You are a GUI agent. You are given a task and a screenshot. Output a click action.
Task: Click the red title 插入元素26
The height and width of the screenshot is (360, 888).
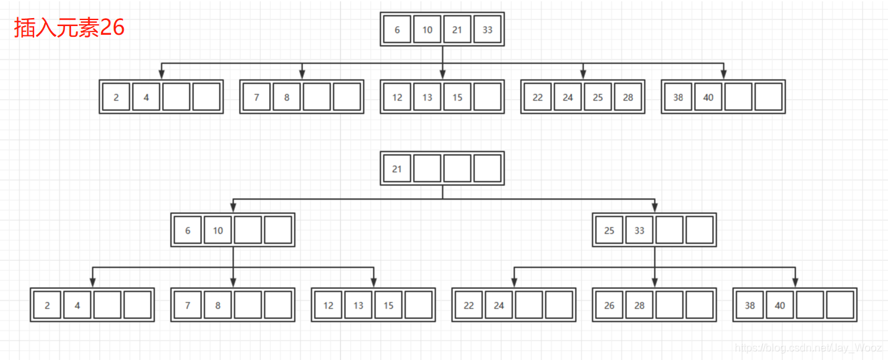[69, 28]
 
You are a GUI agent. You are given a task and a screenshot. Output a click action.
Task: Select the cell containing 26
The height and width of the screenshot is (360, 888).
[609, 305]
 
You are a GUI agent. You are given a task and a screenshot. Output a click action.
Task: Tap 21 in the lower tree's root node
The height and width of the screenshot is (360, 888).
[397, 169]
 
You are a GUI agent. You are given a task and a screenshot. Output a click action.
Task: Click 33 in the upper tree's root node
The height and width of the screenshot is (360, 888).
[487, 29]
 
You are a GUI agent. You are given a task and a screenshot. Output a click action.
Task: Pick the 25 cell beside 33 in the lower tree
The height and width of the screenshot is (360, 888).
[609, 230]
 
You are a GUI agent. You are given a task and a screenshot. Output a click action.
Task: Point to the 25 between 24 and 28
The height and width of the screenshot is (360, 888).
[598, 97]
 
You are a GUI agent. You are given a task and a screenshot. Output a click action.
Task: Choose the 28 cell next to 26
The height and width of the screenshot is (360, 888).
[639, 305]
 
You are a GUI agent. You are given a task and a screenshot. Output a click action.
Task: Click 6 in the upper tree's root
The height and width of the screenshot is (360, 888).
[397, 29]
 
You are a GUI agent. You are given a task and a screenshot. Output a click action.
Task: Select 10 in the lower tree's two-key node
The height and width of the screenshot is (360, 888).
[217, 230]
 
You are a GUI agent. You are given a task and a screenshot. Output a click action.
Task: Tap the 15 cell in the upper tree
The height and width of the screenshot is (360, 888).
[457, 97]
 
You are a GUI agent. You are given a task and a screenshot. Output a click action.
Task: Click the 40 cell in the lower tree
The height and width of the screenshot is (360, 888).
[780, 305]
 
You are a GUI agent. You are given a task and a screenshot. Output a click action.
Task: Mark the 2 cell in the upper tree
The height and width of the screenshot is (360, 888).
[116, 97]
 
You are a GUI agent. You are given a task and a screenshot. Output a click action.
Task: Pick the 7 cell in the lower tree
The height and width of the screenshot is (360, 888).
[187, 305]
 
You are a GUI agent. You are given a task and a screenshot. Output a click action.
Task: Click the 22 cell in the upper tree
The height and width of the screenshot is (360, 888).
[537, 97]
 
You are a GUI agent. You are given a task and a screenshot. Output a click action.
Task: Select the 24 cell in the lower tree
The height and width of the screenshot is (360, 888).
[499, 305]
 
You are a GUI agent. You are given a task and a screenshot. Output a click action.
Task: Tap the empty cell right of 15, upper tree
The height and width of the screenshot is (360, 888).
[487, 97]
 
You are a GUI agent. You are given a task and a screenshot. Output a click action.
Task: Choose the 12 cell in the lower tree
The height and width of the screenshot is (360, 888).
[328, 305]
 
